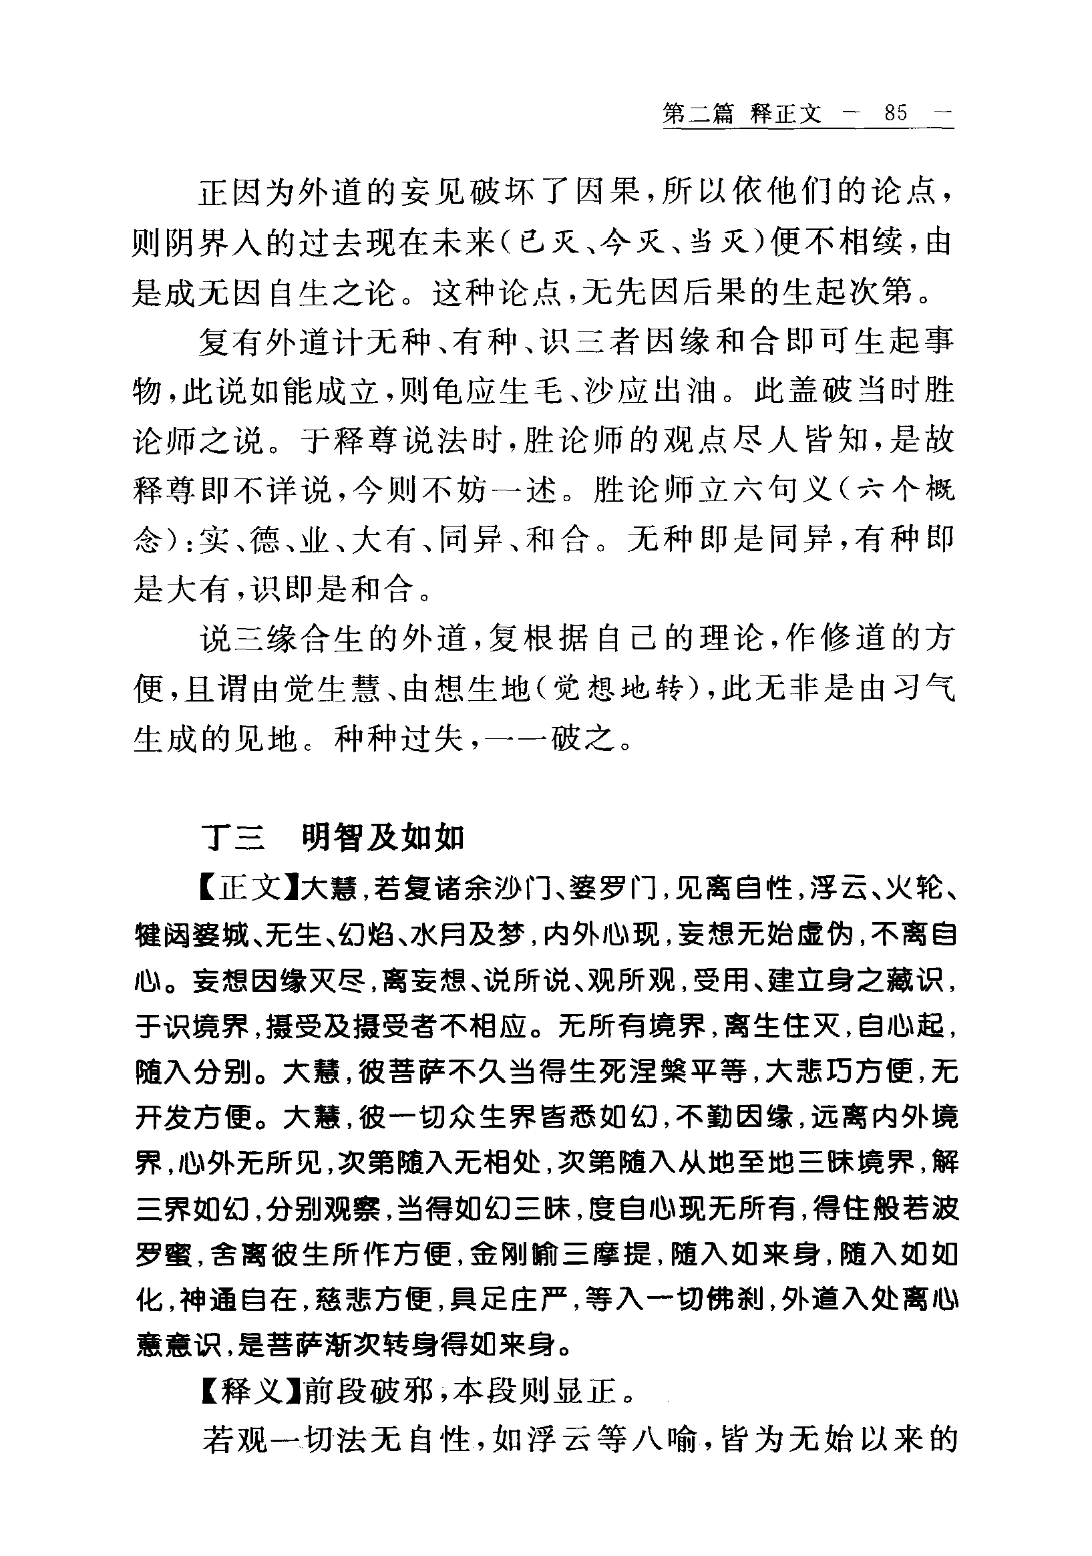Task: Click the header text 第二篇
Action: (x=697, y=113)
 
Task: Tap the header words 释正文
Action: (x=785, y=113)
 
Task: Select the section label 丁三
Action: (x=233, y=838)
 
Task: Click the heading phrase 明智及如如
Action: (x=382, y=838)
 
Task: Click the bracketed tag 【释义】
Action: (x=250, y=1392)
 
